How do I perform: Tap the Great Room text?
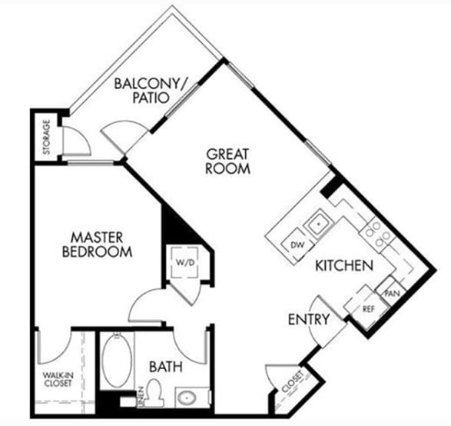227,161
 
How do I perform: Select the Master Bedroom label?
96,243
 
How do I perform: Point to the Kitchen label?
343,266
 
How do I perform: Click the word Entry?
308,319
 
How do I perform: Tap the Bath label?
166,367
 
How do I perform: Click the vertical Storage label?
46,137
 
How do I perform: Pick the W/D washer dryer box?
184,261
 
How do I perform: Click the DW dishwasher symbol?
297,245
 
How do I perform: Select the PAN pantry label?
391,293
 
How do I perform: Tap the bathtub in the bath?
116,361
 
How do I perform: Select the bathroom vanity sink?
188,398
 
